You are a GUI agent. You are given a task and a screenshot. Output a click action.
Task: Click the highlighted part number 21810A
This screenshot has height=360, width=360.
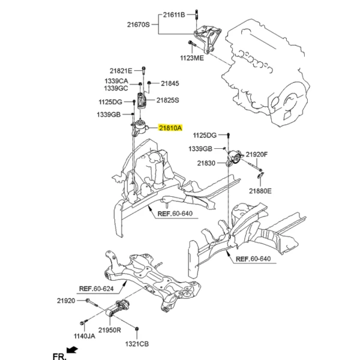coord(170,128)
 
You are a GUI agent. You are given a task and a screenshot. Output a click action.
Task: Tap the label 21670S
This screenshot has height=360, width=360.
coord(139,25)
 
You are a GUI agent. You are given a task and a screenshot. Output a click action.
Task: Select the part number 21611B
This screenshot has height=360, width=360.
coord(174,15)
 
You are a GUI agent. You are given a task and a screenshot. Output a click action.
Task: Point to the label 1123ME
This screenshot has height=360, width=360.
coord(192,58)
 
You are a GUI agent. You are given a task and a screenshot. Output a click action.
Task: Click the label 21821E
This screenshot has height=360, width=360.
coord(121,71)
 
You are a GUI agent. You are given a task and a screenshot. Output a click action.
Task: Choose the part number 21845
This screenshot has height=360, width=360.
coord(170,83)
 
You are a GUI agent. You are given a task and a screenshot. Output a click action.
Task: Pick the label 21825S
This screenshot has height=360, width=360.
coord(168,100)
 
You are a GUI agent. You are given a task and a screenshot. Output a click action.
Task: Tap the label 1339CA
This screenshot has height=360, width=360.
coord(116,81)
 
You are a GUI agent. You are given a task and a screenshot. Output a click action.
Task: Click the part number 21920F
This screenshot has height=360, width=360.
coord(257,155)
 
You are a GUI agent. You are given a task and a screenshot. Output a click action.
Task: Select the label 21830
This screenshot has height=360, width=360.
coord(206,163)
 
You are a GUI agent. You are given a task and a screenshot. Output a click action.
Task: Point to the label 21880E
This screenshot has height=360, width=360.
coord(260,191)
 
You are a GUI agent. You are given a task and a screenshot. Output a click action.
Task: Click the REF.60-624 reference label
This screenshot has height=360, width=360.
coord(96,289)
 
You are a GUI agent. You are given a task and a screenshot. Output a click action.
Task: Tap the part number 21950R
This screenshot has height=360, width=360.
coord(110,330)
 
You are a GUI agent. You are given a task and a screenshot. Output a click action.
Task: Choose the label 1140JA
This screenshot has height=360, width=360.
coord(84,336)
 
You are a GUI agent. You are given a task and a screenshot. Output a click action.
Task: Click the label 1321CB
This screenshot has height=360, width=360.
coord(137,344)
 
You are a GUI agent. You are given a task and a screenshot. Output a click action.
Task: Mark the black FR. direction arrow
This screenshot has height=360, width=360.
coord(72,350)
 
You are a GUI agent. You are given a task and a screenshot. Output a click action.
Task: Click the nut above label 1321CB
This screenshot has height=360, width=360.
coord(137,329)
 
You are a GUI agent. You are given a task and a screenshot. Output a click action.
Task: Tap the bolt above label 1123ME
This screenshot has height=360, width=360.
coord(191,43)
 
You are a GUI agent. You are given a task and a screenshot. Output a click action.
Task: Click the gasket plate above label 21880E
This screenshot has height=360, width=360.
coord(260,175)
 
